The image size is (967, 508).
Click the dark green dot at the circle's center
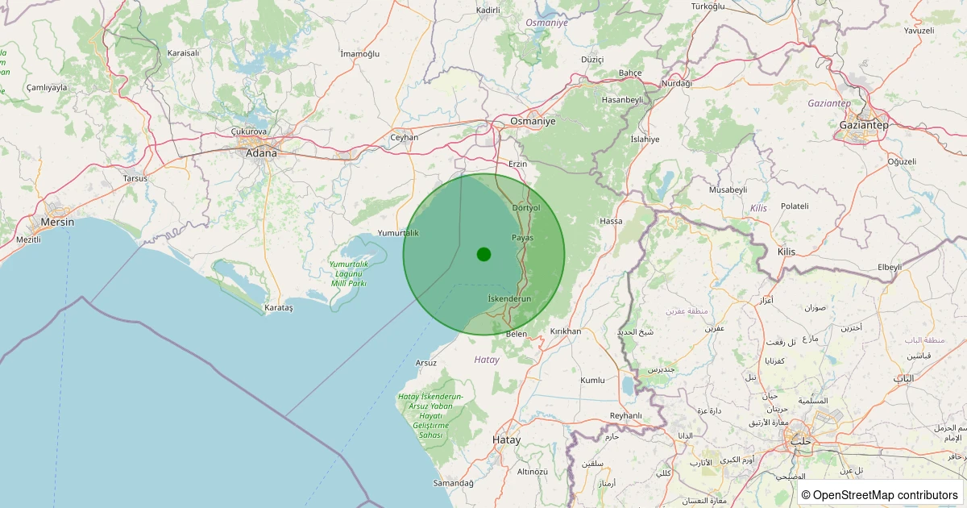(483, 255)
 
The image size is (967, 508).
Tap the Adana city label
(261, 153)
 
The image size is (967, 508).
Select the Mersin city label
(57, 222)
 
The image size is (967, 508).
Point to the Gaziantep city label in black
(863, 125)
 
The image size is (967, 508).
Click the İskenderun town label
(510, 298)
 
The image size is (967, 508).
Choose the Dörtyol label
(525, 207)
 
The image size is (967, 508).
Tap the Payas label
(522, 237)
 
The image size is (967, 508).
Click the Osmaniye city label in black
(533, 121)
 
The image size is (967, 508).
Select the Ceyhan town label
(404, 137)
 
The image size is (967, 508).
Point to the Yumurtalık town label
(399, 233)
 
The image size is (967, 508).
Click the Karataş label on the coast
(280, 308)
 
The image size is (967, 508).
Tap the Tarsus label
(135, 178)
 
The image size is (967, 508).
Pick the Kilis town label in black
(786, 252)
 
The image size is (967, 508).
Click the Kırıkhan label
(565, 331)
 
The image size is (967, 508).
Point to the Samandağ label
(454, 483)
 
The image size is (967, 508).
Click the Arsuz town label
(426, 363)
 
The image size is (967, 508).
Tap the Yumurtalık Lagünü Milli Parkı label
(349, 273)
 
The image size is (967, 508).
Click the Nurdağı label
(676, 84)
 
